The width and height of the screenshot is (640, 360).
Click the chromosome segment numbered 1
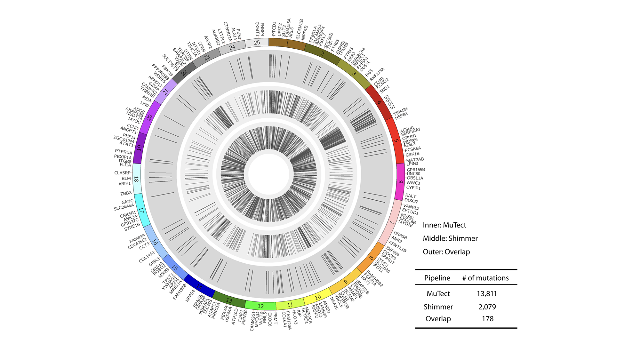[287, 44]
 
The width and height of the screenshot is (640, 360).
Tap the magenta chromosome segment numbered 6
[401, 181]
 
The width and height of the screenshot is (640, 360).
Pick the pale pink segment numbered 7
[392, 222]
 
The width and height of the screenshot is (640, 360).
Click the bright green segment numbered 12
[261, 306]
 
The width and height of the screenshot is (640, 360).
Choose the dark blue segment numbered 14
[199, 286]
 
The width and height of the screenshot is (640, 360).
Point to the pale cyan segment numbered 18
[137, 179]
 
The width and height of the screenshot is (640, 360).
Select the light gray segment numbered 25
[257, 43]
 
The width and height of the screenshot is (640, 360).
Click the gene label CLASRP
[123, 173]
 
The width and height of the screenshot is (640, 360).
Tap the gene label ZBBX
[126, 193]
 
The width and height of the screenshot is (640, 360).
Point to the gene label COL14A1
[147, 257]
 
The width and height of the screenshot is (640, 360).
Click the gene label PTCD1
[274, 29]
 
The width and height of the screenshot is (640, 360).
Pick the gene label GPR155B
[416, 170]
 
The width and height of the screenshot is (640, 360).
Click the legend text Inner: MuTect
[444, 225]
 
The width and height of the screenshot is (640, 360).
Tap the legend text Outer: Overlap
[446, 252]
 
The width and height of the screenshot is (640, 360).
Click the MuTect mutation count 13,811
[486, 293]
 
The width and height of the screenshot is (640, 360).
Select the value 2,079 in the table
[487, 307]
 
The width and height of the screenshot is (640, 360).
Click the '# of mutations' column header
[485, 278]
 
